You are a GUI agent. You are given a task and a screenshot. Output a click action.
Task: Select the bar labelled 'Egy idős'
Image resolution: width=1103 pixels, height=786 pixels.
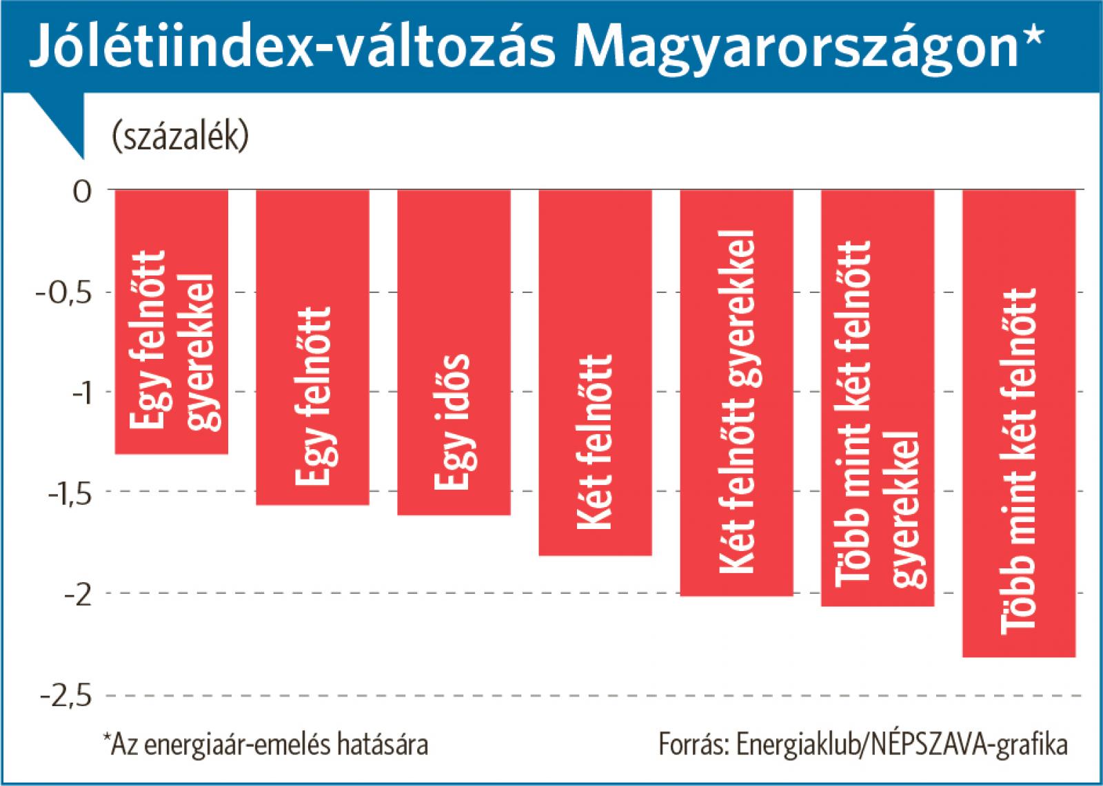click(454, 352)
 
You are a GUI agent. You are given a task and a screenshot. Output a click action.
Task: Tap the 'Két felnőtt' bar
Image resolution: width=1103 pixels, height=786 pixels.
click(595, 372)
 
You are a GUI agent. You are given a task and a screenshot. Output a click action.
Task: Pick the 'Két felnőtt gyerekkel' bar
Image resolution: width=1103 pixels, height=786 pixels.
click(736, 392)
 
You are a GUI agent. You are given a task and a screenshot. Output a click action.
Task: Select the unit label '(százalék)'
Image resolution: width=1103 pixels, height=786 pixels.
click(180, 137)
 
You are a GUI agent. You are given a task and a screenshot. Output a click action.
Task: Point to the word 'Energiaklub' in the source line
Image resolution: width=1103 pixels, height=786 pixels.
click(799, 745)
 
